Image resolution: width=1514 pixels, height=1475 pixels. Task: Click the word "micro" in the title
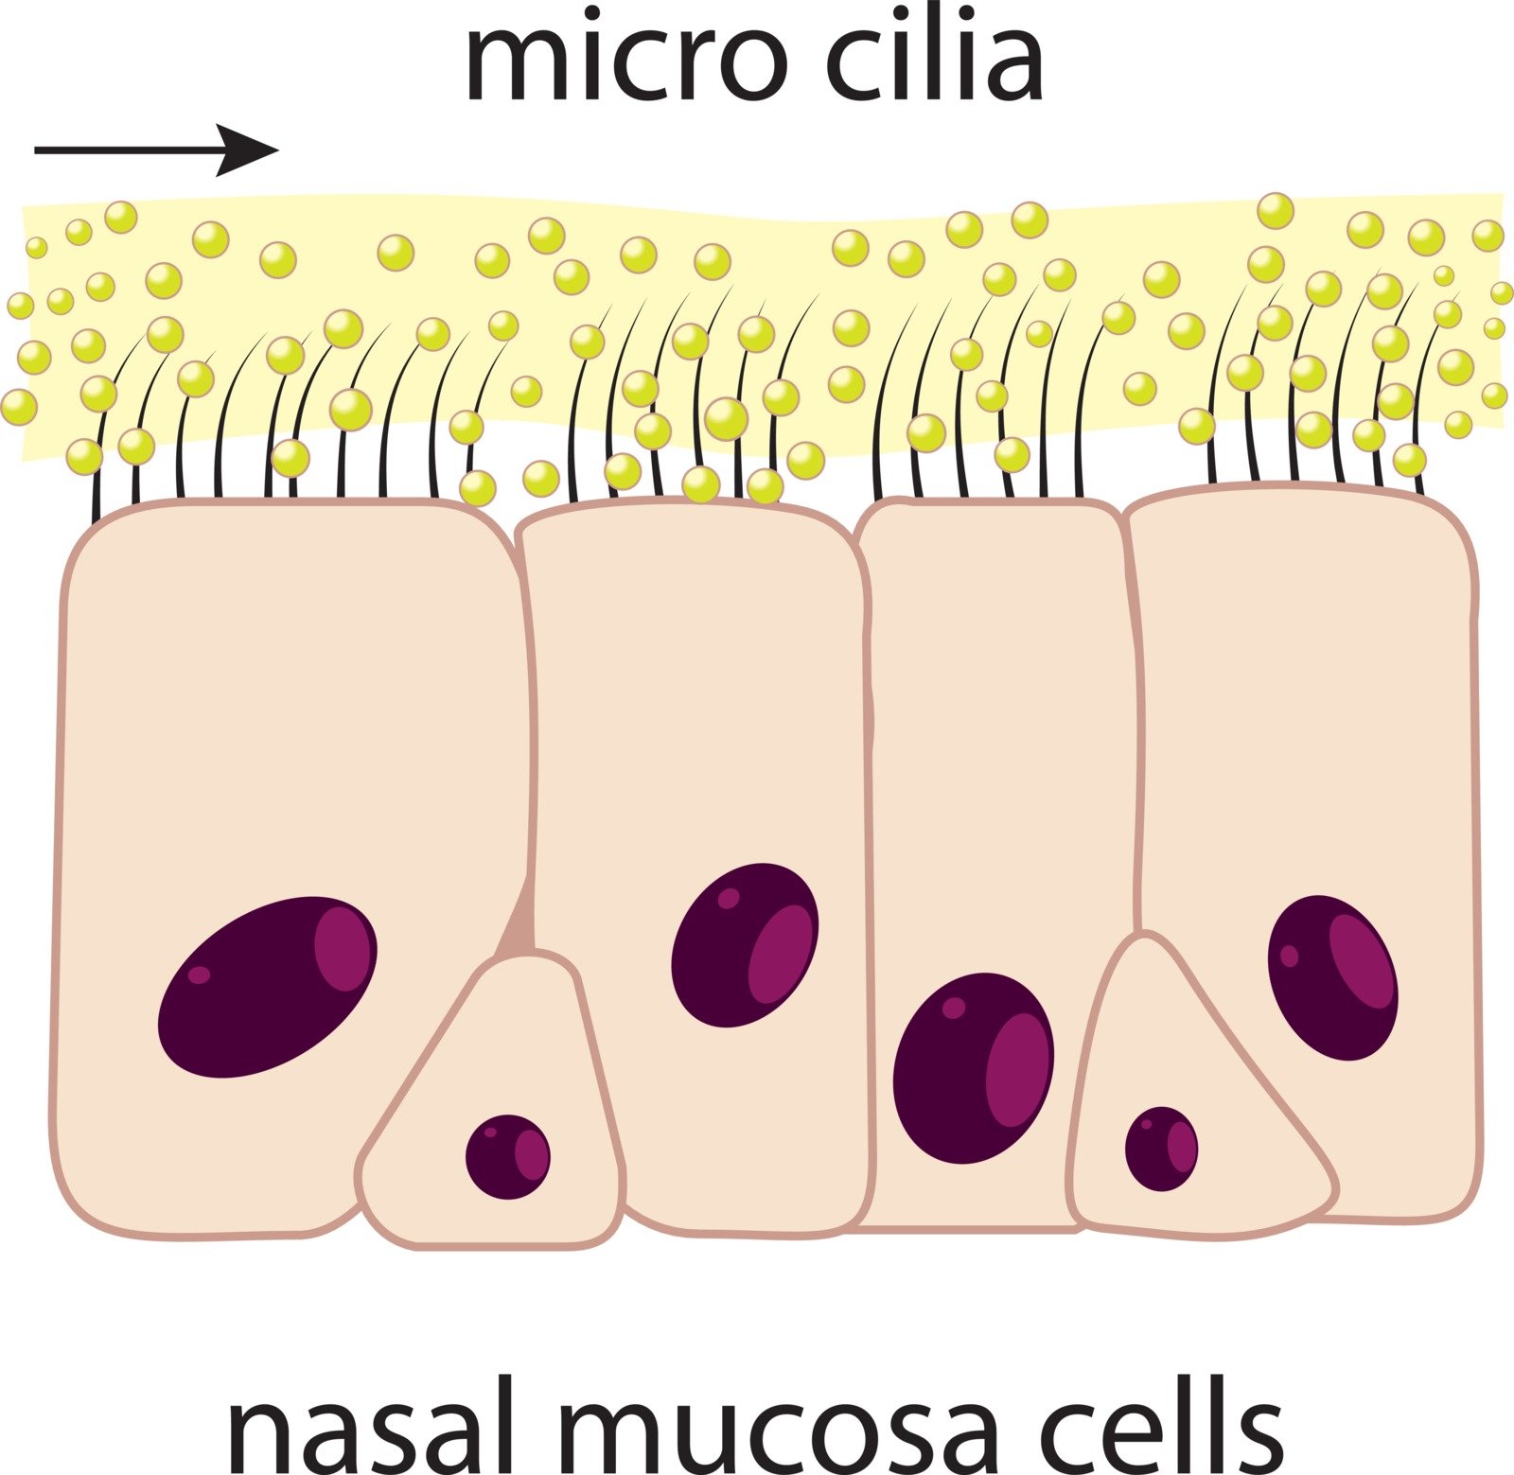point(625,59)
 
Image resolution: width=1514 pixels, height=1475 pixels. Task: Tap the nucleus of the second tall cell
point(745,943)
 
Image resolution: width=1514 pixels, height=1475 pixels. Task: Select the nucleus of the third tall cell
point(973,1067)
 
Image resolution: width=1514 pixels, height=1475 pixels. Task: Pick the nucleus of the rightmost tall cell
point(1332,976)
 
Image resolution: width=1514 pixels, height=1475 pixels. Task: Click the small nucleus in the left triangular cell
point(507,1156)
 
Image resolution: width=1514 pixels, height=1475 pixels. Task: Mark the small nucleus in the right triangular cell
point(1161,1149)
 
